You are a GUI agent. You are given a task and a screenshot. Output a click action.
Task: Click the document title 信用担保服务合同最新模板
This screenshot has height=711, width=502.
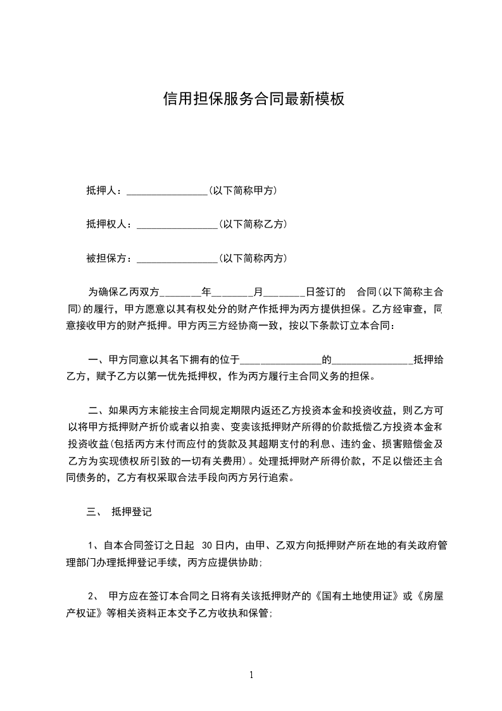pos(253,99)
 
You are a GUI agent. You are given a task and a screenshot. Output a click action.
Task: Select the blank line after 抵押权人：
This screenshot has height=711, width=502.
pos(177,224)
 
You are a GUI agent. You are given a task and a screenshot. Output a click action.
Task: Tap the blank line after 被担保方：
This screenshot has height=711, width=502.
pos(177,259)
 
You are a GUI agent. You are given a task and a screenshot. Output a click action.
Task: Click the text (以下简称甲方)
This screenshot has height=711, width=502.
pos(243,190)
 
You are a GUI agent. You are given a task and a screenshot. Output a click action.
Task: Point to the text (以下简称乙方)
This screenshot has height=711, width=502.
pos(253,224)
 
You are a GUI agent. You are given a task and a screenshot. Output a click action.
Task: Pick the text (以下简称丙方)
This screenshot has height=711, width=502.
pos(253,258)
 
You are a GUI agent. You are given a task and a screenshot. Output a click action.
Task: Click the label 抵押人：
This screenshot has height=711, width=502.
pos(106,190)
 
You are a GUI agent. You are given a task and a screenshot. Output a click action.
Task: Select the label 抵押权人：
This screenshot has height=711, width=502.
pos(111,224)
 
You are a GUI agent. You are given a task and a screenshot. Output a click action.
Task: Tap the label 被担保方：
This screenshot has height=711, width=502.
pos(111,258)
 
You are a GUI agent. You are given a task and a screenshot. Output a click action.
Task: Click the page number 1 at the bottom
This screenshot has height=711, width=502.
pos(251,676)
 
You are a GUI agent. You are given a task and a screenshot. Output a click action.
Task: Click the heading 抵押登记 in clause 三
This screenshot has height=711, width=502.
pos(131,511)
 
